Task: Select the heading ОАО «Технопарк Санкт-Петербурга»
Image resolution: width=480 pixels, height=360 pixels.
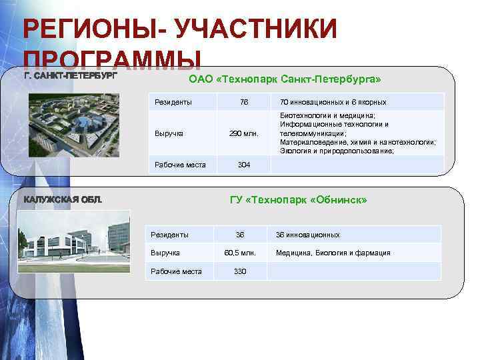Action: [285, 80]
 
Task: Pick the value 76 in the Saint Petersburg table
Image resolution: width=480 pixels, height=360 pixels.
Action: [244, 102]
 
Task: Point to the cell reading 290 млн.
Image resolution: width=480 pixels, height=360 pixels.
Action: [244, 133]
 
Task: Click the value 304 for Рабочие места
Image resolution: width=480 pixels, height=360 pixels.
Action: [244, 165]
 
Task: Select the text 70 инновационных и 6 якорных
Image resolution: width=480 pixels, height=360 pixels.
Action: [333, 102]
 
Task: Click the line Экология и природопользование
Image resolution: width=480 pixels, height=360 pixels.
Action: [337, 151]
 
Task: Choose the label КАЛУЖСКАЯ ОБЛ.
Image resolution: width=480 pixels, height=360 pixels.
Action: [63, 200]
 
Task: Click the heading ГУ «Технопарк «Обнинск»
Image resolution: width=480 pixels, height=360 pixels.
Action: [298, 200]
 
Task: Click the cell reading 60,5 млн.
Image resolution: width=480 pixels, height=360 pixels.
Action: [240, 253]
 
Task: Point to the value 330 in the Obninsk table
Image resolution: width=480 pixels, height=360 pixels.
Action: [240, 271]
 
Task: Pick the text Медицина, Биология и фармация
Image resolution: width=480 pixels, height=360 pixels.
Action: [333, 253]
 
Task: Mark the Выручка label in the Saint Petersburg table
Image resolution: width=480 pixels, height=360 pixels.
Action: [169, 133]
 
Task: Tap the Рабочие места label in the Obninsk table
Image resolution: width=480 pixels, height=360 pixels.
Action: [176, 271]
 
